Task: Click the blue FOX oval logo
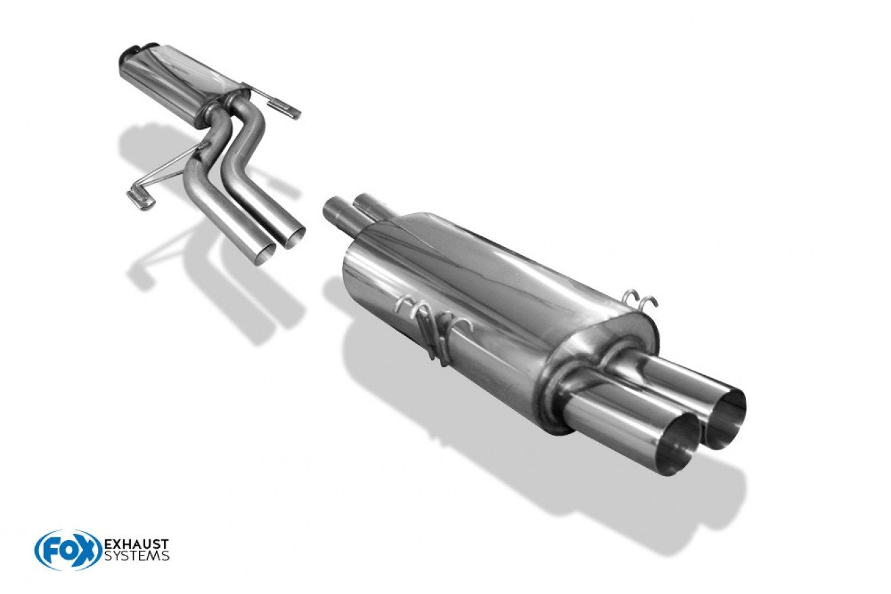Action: click(x=68, y=550)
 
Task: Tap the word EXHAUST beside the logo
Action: click(x=136, y=543)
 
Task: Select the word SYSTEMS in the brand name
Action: click(x=136, y=556)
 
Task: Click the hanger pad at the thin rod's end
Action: click(x=140, y=199)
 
